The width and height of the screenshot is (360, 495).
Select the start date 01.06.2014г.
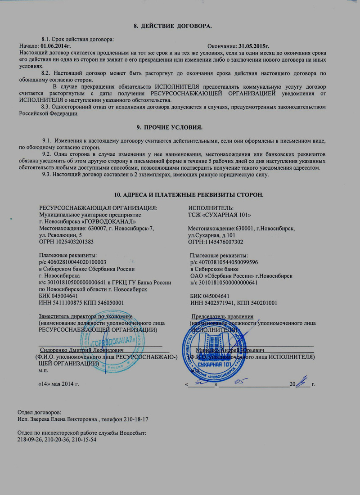point(56,46)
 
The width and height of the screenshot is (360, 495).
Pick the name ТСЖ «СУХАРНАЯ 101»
point(220,215)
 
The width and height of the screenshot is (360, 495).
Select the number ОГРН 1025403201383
point(67,242)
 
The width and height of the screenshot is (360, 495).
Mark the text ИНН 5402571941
point(213,303)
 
